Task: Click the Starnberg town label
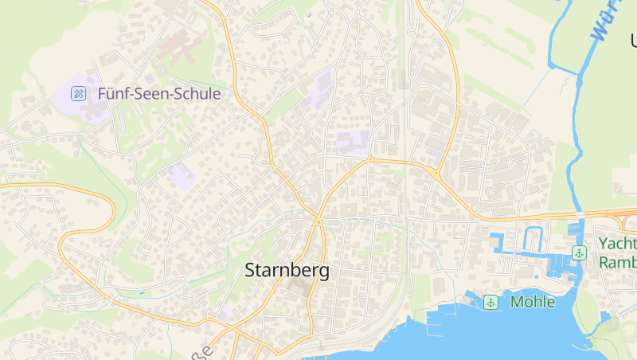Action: (287, 270)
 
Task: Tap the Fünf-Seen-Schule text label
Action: (158, 94)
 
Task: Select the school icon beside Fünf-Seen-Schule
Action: (78, 94)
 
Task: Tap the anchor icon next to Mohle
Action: (491, 302)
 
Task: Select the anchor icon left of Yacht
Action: (580, 253)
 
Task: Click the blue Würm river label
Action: (608, 20)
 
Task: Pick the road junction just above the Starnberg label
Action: (318, 218)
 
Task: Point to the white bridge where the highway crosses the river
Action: (581, 215)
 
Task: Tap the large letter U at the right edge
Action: (632, 40)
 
